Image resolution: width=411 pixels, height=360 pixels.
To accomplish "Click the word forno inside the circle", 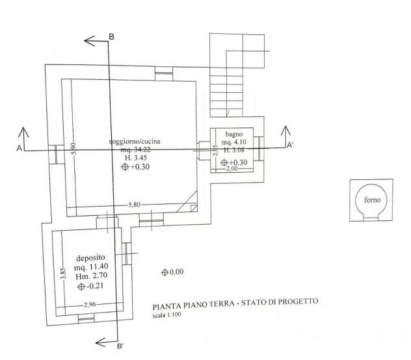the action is pyautogui.click(x=372, y=200).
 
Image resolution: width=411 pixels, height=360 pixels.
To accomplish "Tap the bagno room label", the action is pyautogui.click(x=234, y=134).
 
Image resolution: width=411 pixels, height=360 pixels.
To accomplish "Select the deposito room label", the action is pyautogui.click(x=90, y=258).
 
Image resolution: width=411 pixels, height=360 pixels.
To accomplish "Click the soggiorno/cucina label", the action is pyautogui.click(x=135, y=142).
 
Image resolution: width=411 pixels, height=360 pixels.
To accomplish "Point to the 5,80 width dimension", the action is pyautogui.click(x=134, y=205).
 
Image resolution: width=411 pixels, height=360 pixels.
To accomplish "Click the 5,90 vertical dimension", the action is pyautogui.click(x=74, y=148).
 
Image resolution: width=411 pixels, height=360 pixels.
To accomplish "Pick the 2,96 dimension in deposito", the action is pyautogui.click(x=90, y=305).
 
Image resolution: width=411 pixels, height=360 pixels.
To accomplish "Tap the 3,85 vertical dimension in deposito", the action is pyautogui.click(x=64, y=274).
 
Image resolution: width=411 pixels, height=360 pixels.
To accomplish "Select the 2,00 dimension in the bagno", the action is pyautogui.click(x=232, y=168).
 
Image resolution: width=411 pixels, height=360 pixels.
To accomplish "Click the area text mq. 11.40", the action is pyautogui.click(x=91, y=266).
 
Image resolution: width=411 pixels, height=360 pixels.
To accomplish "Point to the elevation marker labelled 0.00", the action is pyautogui.click(x=165, y=272).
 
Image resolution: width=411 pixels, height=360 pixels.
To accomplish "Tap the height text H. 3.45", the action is pyautogui.click(x=136, y=158).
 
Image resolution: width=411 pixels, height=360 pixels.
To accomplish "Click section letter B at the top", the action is pyautogui.click(x=111, y=36).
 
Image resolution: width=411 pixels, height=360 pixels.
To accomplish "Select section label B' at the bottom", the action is pyautogui.click(x=120, y=346).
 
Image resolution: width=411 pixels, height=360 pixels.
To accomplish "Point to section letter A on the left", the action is pyautogui.click(x=19, y=148).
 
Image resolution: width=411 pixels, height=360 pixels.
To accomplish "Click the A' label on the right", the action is pyautogui.click(x=289, y=145).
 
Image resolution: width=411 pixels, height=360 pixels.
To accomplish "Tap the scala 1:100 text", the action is pyautogui.click(x=166, y=315).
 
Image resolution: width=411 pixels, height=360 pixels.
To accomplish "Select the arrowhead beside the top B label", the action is pyautogui.click(x=89, y=41).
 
